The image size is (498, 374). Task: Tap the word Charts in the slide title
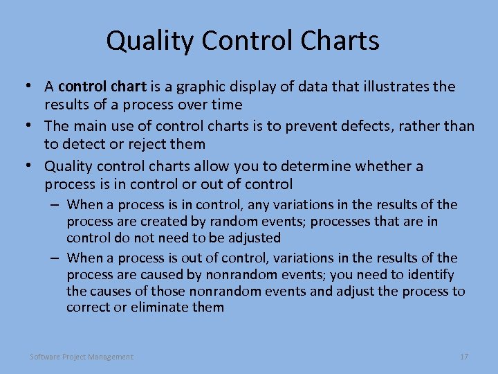[340, 41]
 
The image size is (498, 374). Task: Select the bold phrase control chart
[102, 87]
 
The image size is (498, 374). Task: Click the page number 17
[464, 357]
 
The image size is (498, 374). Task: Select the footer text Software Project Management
[82, 357]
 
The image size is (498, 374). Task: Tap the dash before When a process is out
[54, 258]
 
